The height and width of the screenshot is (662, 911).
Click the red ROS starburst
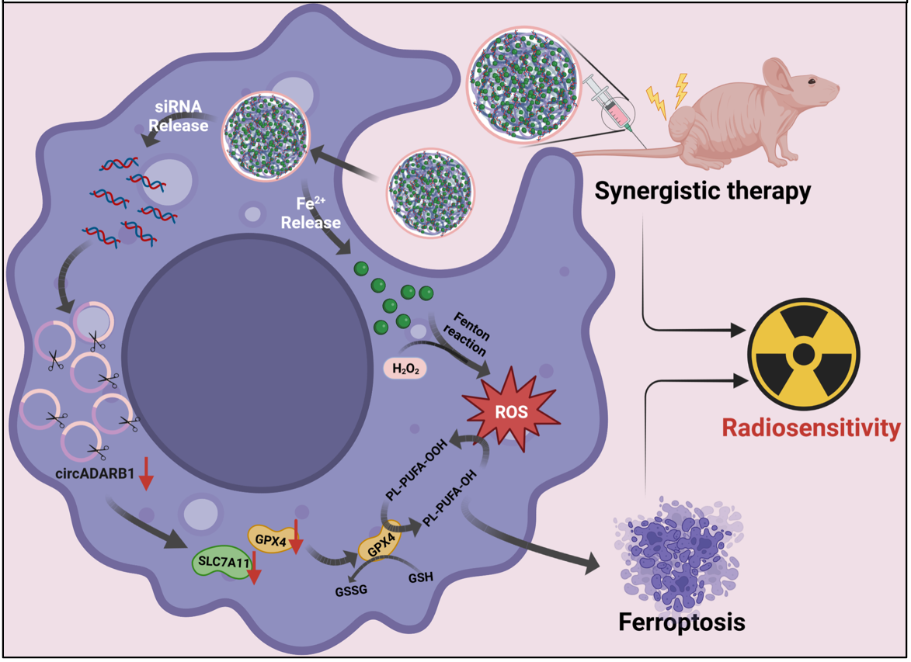click(x=511, y=411)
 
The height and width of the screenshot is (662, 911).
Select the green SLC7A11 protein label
click(x=221, y=561)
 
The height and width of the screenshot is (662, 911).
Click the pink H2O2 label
click(x=406, y=369)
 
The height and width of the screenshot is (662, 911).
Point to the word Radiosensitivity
click(x=811, y=428)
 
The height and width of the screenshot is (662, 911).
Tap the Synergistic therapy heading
click(x=703, y=190)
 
